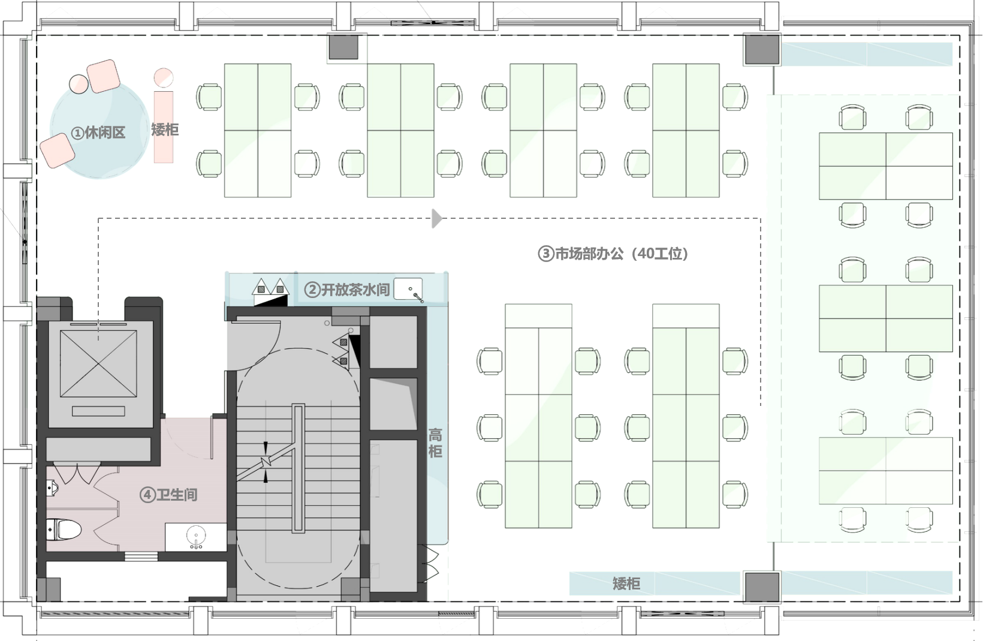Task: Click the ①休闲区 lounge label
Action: (98, 132)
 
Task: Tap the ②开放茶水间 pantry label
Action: (346, 290)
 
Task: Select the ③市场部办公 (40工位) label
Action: (613, 253)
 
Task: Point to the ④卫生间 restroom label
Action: (168, 495)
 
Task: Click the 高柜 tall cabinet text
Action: (435, 444)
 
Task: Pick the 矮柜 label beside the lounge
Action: (165, 130)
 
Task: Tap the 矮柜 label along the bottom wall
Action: (626, 583)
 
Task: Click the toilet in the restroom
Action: (63, 529)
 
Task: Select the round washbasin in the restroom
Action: (196, 536)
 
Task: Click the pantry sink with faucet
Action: (408, 289)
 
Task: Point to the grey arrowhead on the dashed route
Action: (437, 219)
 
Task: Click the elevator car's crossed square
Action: (98, 363)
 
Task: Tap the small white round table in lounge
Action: (79, 84)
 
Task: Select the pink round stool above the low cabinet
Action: (164, 78)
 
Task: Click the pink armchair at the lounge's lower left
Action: (58, 151)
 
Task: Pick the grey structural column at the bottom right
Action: (762, 586)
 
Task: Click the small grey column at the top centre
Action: (343, 47)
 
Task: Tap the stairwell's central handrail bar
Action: (298, 468)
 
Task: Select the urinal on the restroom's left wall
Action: (52, 488)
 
